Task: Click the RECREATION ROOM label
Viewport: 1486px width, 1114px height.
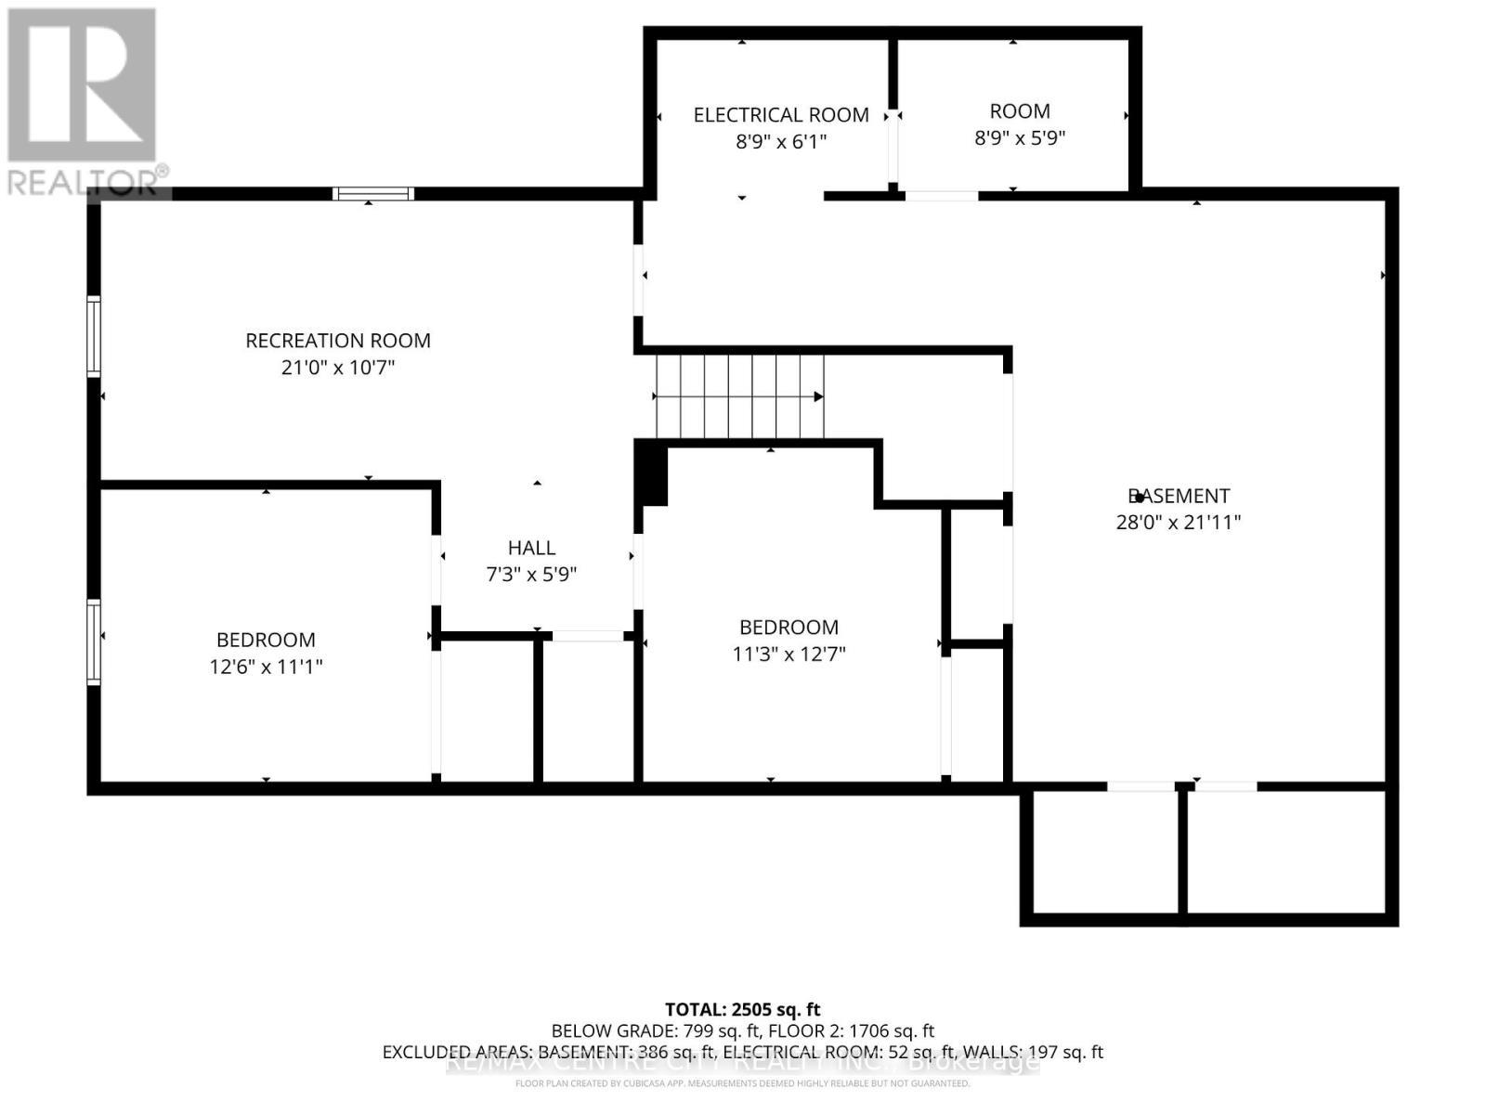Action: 338,341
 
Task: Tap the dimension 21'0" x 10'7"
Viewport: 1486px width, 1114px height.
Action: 338,368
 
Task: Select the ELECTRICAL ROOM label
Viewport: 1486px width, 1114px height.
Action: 781,115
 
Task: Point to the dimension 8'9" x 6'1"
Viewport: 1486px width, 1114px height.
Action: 781,141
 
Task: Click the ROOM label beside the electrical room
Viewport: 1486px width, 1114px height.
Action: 1020,111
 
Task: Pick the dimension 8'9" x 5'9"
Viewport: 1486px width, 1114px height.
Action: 1020,138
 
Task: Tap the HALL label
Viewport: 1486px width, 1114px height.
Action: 531,548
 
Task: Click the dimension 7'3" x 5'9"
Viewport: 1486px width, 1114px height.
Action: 531,575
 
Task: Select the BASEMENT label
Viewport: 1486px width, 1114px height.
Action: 1178,496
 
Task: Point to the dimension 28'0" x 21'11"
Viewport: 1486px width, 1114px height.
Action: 1178,523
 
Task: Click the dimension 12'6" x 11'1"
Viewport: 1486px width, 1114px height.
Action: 266,667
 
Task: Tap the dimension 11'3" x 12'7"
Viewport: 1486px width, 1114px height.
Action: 789,654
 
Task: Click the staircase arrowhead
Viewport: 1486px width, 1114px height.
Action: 818,396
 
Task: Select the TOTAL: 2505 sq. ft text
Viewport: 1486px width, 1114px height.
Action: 742,1009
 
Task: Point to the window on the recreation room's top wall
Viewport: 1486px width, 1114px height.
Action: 373,194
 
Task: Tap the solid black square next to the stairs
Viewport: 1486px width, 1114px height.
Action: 654,474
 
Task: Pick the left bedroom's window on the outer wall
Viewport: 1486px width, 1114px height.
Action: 94,642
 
